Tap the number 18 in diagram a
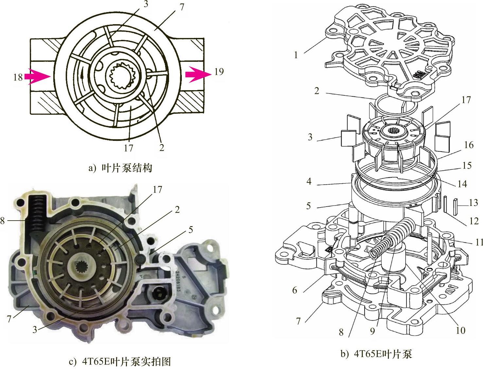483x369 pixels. tap(18, 77)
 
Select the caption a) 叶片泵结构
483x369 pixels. tap(120, 168)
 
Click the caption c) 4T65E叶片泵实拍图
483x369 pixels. tap(120, 361)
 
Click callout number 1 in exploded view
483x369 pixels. tap(296, 55)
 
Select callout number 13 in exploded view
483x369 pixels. tap(473, 203)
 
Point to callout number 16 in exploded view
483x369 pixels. tap(469, 145)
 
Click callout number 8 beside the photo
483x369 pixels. tap(3, 221)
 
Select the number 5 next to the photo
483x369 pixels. tap(191, 230)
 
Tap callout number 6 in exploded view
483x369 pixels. tap(295, 290)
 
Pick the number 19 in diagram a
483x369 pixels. tap(219, 71)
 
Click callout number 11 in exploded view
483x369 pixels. tap(479, 242)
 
